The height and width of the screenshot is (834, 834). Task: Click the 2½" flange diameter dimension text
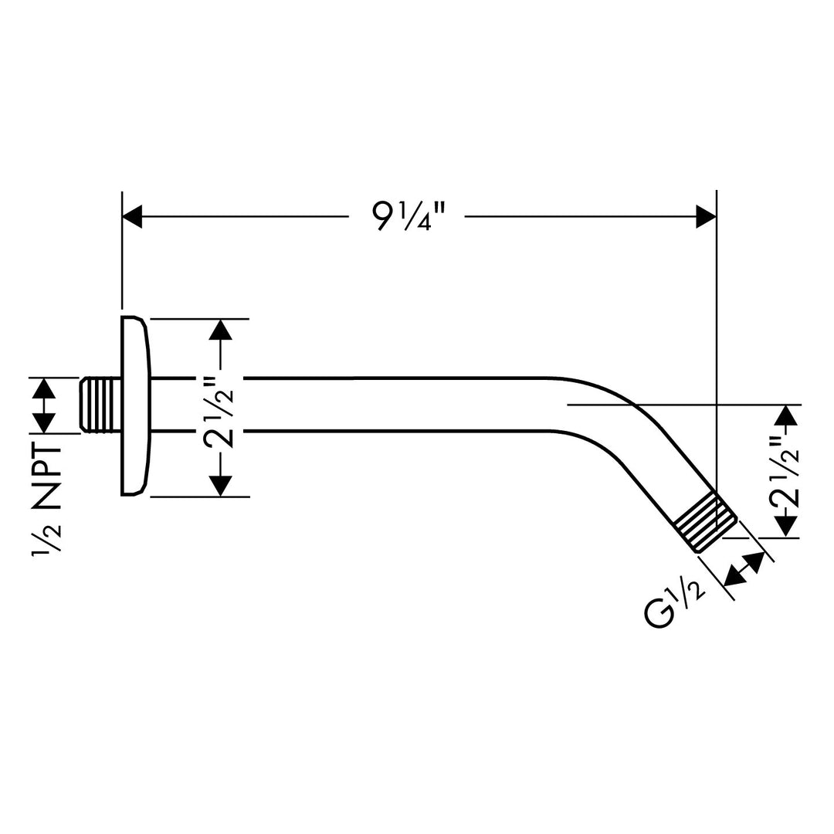pyautogui.click(x=219, y=407)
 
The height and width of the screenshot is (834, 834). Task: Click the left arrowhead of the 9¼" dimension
pyautogui.click(x=133, y=217)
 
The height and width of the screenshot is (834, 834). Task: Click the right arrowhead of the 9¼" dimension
pyautogui.click(x=706, y=217)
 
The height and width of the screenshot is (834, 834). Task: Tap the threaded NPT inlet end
pyautogui.click(x=100, y=403)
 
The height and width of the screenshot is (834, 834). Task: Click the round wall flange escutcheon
pyautogui.click(x=134, y=405)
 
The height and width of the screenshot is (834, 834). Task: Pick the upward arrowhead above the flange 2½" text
pyautogui.click(x=220, y=330)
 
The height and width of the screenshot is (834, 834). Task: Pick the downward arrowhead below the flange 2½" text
pyautogui.click(x=220, y=485)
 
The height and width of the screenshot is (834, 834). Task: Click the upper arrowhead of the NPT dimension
pyautogui.click(x=44, y=388)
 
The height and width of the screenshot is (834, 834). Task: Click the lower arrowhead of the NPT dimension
pyautogui.click(x=44, y=422)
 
